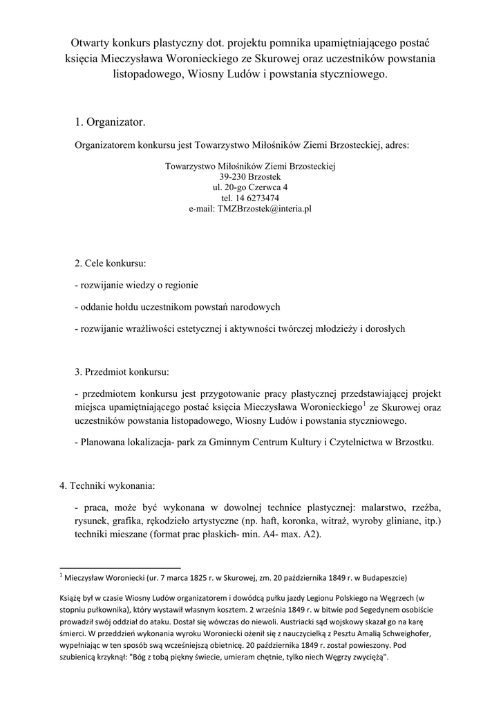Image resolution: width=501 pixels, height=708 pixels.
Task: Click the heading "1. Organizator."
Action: (x=111, y=122)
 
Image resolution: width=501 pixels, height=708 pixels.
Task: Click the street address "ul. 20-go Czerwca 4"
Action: (x=250, y=187)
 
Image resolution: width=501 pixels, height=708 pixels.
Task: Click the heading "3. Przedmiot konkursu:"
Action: (x=121, y=373)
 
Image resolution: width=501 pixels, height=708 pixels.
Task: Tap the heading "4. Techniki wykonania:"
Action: (x=107, y=485)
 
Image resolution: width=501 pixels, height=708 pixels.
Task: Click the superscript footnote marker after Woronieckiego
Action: (x=365, y=402)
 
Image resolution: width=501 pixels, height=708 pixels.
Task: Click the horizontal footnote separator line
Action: (x=120, y=565)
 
